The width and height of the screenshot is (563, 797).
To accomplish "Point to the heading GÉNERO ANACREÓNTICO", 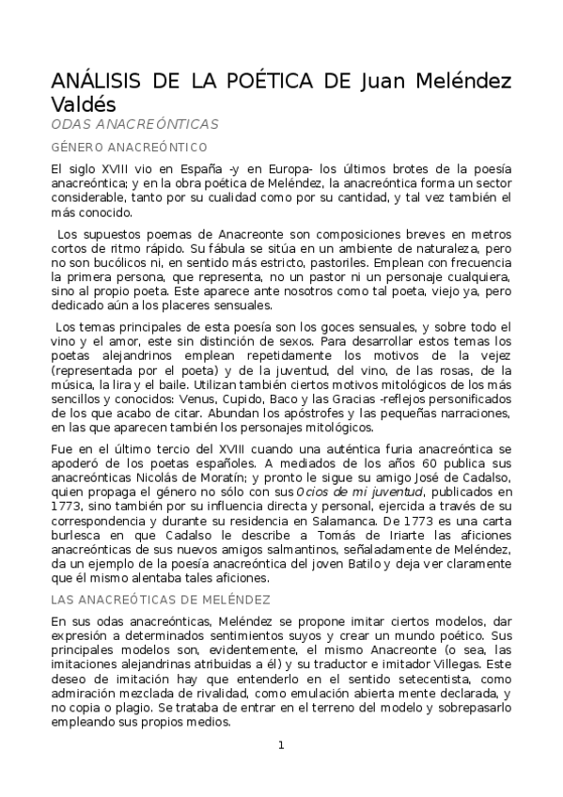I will pos(130,147).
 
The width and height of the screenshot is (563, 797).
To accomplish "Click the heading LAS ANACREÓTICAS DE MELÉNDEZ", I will pos(161,599).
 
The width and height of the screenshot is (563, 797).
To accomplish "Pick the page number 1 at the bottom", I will pos(281,745).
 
